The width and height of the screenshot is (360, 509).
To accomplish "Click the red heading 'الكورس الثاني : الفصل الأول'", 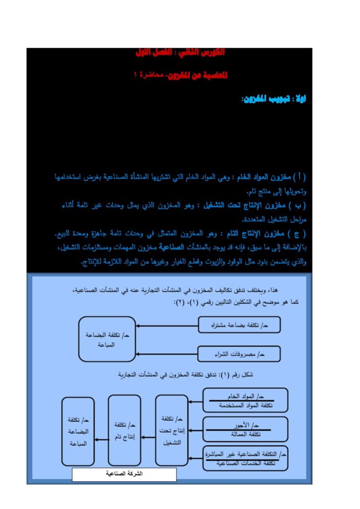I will tap(180, 52).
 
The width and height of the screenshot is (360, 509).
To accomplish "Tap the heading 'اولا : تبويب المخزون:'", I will tap(273, 99).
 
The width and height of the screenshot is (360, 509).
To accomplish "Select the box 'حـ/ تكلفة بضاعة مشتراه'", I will tap(239, 325).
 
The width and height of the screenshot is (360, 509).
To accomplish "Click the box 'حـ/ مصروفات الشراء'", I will tap(239, 354).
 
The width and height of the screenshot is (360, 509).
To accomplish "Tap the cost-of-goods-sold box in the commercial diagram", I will tap(107, 339).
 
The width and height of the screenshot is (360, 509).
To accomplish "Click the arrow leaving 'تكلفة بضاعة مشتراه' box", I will tap(167, 326).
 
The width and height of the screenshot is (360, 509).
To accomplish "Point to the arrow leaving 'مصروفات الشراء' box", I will tap(167, 354).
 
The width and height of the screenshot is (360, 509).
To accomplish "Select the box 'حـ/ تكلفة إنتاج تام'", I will tap(124, 430).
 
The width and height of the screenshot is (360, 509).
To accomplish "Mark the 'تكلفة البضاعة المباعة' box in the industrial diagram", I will tap(78, 430).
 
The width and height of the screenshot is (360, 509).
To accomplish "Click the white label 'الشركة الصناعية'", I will tap(124, 474).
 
